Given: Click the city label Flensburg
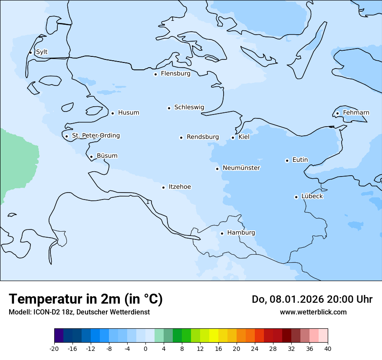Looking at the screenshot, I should click(x=175, y=74).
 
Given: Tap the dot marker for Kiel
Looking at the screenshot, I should click(x=233, y=137).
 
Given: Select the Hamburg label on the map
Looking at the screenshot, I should click(x=241, y=233).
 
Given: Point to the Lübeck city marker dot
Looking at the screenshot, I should click(x=296, y=197).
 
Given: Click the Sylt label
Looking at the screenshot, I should click(x=42, y=52).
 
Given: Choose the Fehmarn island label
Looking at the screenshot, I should click(x=356, y=113).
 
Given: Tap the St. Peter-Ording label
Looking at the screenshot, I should click(x=95, y=136).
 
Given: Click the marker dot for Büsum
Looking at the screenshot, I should click(x=91, y=157).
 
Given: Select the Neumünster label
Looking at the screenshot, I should click(x=241, y=168).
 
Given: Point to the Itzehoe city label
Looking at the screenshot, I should click(x=180, y=187).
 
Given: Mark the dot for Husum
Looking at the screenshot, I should click(x=112, y=113).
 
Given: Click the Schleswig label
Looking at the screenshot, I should click(x=189, y=108).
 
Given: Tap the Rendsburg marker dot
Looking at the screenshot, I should click(x=181, y=137).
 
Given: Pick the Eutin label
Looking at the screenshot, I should click(x=300, y=160).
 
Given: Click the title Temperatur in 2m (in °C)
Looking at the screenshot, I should click(x=86, y=299).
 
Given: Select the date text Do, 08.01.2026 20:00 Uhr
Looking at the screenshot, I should click(x=312, y=299).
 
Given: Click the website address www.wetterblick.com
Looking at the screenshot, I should click(x=313, y=312).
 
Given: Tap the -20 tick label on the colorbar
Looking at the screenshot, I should click(x=54, y=348).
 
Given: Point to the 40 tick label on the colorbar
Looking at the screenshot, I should click(x=328, y=348).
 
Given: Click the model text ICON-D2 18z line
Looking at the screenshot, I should click(x=79, y=312).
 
